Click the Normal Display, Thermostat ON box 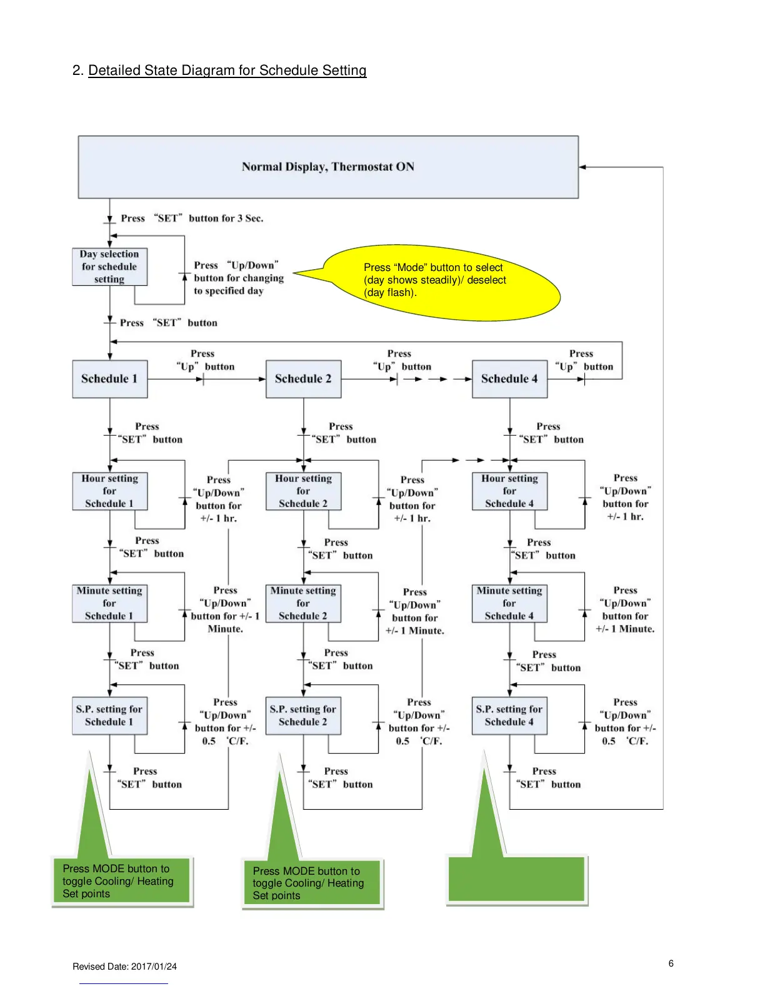click(x=328, y=167)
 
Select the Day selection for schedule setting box click(x=110, y=267)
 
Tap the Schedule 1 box click(x=110, y=379)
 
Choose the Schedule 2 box click(x=304, y=379)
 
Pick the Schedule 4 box click(x=509, y=379)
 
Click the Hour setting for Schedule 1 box click(x=110, y=491)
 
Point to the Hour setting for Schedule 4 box click(x=509, y=491)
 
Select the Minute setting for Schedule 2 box click(x=304, y=604)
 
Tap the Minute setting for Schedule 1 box click(x=110, y=604)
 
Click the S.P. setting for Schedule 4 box click(x=509, y=716)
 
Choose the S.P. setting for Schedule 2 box click(x=304, y=716)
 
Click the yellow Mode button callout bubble click(x=437, y=281)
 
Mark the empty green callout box click(x=517, y=879)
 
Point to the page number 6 click(x=671, y=963)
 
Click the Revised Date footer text click(x=124, y=967)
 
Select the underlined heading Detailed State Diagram click(x=227, y=71)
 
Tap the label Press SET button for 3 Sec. click(x=192, y=219)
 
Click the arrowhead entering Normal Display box click(x=582, y=167)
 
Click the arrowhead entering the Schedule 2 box click(x=262, y=379)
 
